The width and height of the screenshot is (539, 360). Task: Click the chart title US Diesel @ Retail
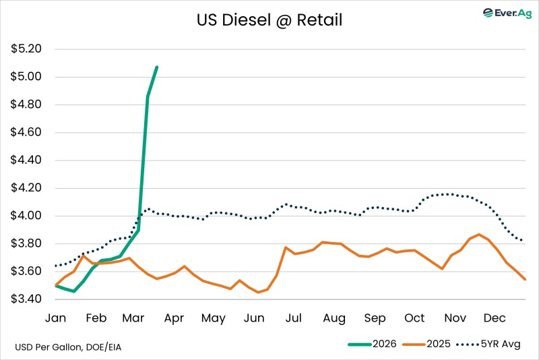pyautogui.click(x=269, y=20)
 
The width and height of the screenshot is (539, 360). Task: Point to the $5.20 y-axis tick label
pyautogui.click(x=26, y=49)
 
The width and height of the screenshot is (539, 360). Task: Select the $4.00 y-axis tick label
pyautogui.click(x=26, y=216)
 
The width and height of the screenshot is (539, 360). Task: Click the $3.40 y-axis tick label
pyautogui.click(x=26, y=299)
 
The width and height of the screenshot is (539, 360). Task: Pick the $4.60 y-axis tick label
pyautogui.click(x=26, y=132)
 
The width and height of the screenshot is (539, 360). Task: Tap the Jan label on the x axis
pyautogui.click(x=55, y=318)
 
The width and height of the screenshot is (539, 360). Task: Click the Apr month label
pyautogui.click(x=175, y=318)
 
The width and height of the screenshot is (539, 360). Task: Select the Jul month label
pyautogui.click(x=294, y=318)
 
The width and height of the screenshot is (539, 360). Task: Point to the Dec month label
pyautogui.click(x=495, y=318)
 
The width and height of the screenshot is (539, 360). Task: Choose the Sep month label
pyautogui.click(x=375, y=318)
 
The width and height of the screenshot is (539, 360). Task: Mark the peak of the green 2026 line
pyautogui.click(x=157, y=67)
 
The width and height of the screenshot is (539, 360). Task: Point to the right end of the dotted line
pyautogui.click(x=524, y=241)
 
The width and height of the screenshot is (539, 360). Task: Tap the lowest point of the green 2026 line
pyautogui.click(x=73, y=291)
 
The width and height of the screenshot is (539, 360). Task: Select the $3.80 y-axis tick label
pyautogui.click(x=26, y=243)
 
